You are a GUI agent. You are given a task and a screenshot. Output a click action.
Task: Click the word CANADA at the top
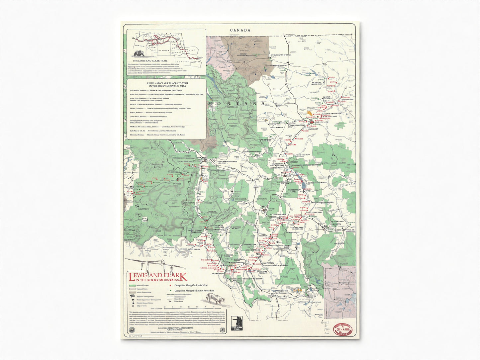(240, 30)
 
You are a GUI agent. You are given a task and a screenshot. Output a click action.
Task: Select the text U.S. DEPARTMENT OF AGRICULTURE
(167, 327)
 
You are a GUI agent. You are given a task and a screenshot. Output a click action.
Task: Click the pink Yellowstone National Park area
(339, 289)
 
